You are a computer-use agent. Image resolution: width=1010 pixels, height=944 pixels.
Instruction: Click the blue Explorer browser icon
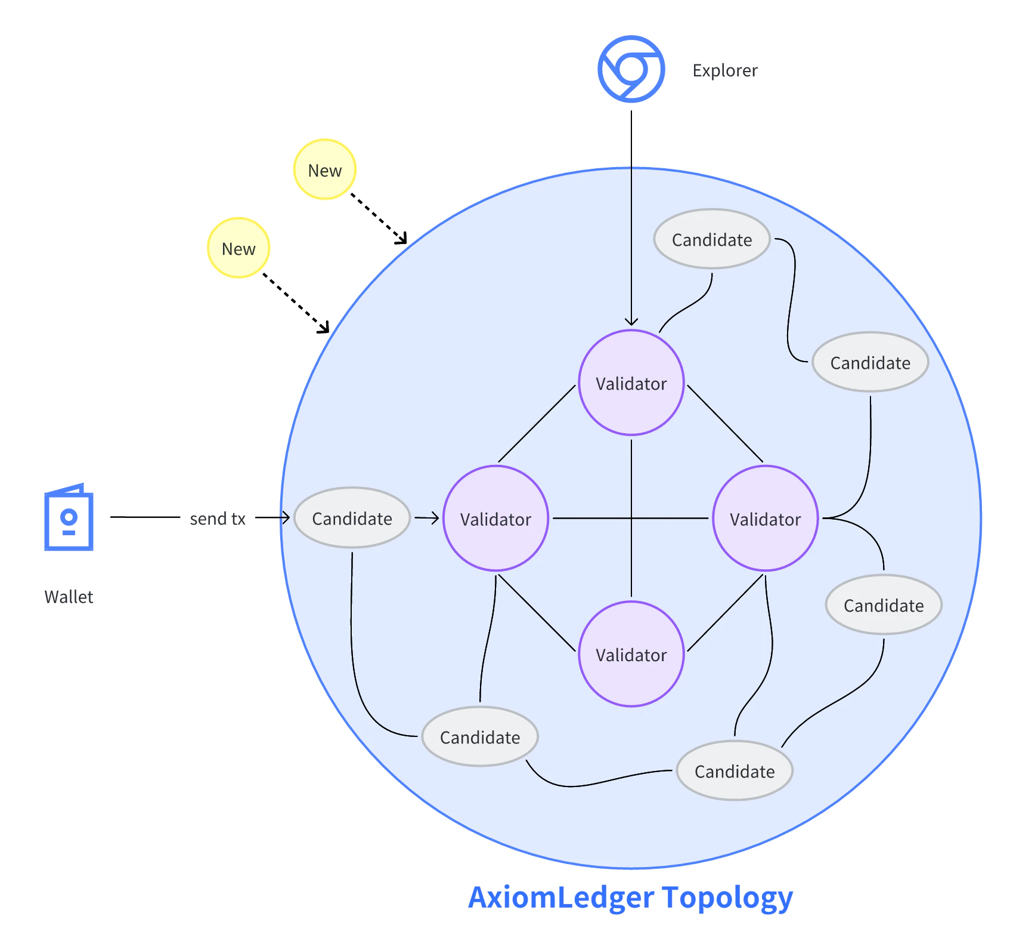pyautogui.click(x=631, y=69)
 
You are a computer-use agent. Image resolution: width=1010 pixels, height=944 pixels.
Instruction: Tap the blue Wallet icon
pyautogui.click(x=69, y=517)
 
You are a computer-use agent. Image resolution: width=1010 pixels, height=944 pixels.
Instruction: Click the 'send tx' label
pyautogui.click(x=218, y=519)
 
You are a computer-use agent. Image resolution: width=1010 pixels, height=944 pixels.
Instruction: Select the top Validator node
pyautogui.click(x=631, y=382)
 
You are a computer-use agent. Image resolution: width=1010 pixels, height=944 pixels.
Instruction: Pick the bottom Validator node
pyautogui.click(x=631, y=654)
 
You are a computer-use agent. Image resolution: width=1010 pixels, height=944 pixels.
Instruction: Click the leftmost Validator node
pyautogui.click(x=495, y=519)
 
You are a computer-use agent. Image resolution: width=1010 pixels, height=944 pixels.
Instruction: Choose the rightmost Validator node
pyautogui.click(x=765, y=519)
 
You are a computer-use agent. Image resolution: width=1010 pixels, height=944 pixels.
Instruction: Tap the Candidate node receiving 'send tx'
pyautogui.click(x=352, y=518)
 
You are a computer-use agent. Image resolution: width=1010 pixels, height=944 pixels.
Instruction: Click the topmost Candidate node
pyautogui.click(x=712, y=239)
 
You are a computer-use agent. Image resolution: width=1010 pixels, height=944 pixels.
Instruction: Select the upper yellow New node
pyautogui.click(x=325, y=170)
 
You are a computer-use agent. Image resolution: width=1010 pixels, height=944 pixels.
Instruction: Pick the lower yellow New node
pyautogui.click(x=238, y=248)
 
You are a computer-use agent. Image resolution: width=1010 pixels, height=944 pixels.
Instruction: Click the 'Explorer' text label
pyautogui.click(x=724, y=70)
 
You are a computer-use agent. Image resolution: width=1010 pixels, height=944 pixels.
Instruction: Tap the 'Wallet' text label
pyautogui.click(x=69, y=597)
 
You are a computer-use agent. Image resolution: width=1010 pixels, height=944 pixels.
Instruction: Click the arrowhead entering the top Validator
pyautogui.click(x=631, y=322)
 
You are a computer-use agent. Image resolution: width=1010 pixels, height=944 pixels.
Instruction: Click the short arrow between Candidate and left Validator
pyautogui.click(x=427, y=518)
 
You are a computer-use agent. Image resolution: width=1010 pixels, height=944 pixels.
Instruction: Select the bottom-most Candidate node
pyautogui.click(x=735, y=771)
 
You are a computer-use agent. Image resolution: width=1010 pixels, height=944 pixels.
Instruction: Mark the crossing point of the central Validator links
pyautogui.click(x=631, y=518)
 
